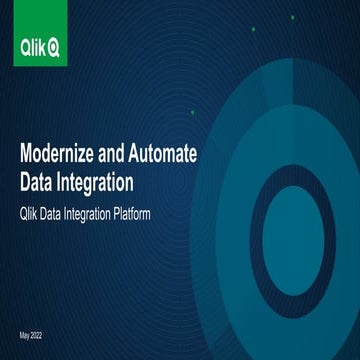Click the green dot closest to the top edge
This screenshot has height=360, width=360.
(253, 30)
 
